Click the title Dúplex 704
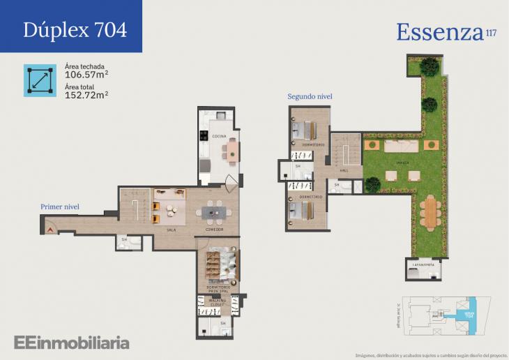click(x=75, y=30)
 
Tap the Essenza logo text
click(x=439, y=31)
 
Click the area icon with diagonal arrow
click(x=40, y=80)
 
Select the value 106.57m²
click(x=86, y=75)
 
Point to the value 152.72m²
click(x=86, y=94)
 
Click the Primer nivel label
click(x=60, y=207)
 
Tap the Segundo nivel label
click(x=310, y=96)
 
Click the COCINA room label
click(x=220, y=137)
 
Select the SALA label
click(x=170, y=229)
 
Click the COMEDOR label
click(x=214, y=229)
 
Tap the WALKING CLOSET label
click(x=218, y=302)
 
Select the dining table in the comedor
click(x=214, y=211)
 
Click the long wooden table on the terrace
click(x=429, y=212)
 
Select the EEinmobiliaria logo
click(x=71, y=342)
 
